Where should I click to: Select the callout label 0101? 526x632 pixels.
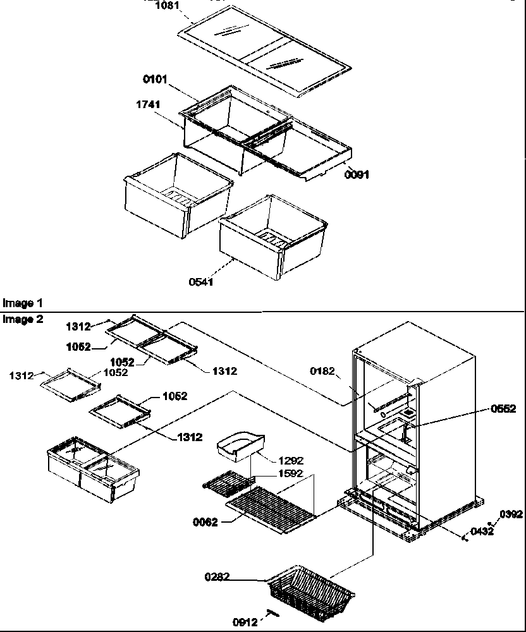[155, 80]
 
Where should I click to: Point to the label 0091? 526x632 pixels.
[357, 174]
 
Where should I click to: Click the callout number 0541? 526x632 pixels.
[200, 282]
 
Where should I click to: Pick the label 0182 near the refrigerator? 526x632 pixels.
[322, 371]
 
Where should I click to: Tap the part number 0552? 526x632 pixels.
[503, 409]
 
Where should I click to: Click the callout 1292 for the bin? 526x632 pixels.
[291, 461]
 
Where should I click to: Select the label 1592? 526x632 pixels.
[290, 473]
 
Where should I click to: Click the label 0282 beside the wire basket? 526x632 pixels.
[216, 576]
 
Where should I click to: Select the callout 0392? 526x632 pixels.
[511, 514]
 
